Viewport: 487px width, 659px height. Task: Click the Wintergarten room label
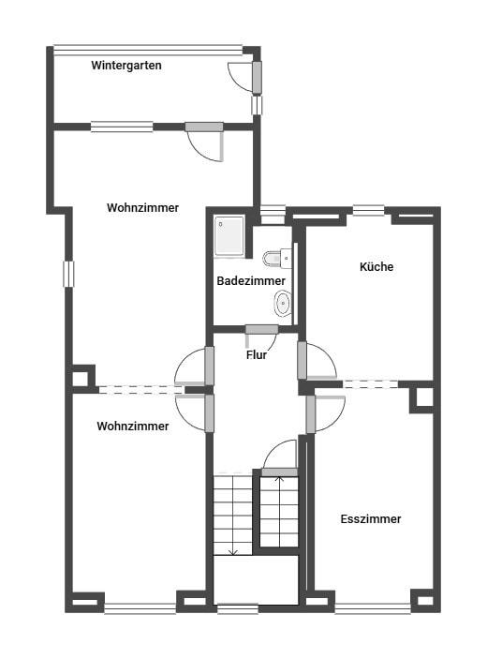tap(125, 66)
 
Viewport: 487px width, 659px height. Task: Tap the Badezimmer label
tap(251, 280)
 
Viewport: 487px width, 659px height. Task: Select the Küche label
tap(376, 266)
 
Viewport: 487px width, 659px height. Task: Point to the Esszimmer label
tap(370, 518)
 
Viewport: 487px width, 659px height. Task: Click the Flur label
tap(256, 354)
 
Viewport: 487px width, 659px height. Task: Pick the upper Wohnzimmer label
tap(142, 207)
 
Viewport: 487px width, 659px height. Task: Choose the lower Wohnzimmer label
tap(133, 427)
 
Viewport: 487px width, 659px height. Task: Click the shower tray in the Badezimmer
tap(229, 236)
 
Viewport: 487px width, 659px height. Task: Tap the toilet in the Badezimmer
tap(277, 258)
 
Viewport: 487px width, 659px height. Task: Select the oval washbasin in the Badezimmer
tap(283, 303)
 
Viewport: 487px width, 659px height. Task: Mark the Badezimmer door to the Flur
tap(261, 337)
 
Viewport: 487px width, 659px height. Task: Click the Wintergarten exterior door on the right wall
tap(246, 77)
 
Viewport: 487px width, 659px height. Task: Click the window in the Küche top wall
tap(369, 210)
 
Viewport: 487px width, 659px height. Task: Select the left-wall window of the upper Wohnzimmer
tap(68, 274)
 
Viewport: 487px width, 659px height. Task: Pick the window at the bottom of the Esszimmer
tap(373, 608)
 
